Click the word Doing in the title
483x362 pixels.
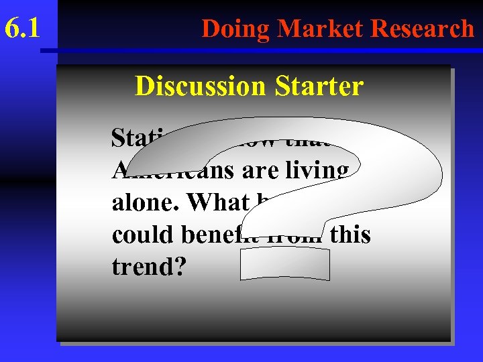point(237,28)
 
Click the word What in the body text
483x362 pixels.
point(209,202)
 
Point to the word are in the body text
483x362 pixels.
point(256,170)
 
